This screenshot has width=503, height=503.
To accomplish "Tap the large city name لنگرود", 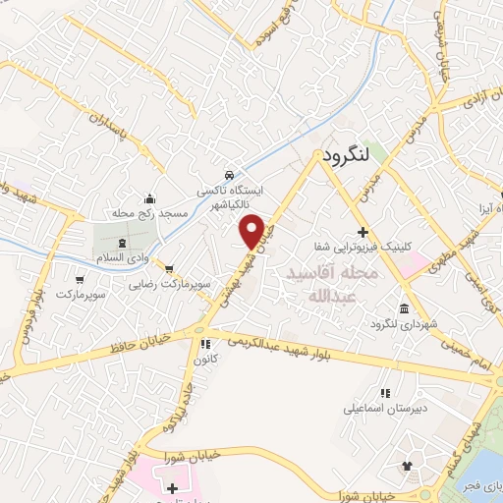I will tap(343, 154).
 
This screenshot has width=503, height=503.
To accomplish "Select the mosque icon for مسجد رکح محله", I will tap(149, 197).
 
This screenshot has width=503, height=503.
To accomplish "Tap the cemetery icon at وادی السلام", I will tap(122, 242).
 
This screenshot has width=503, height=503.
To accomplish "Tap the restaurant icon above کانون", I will tap(205, 345).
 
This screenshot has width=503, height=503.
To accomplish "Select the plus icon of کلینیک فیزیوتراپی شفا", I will tap(363, 233).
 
